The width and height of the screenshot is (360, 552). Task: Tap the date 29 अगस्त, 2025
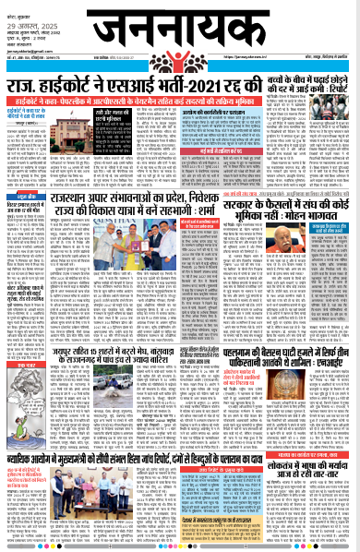(20, 16)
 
